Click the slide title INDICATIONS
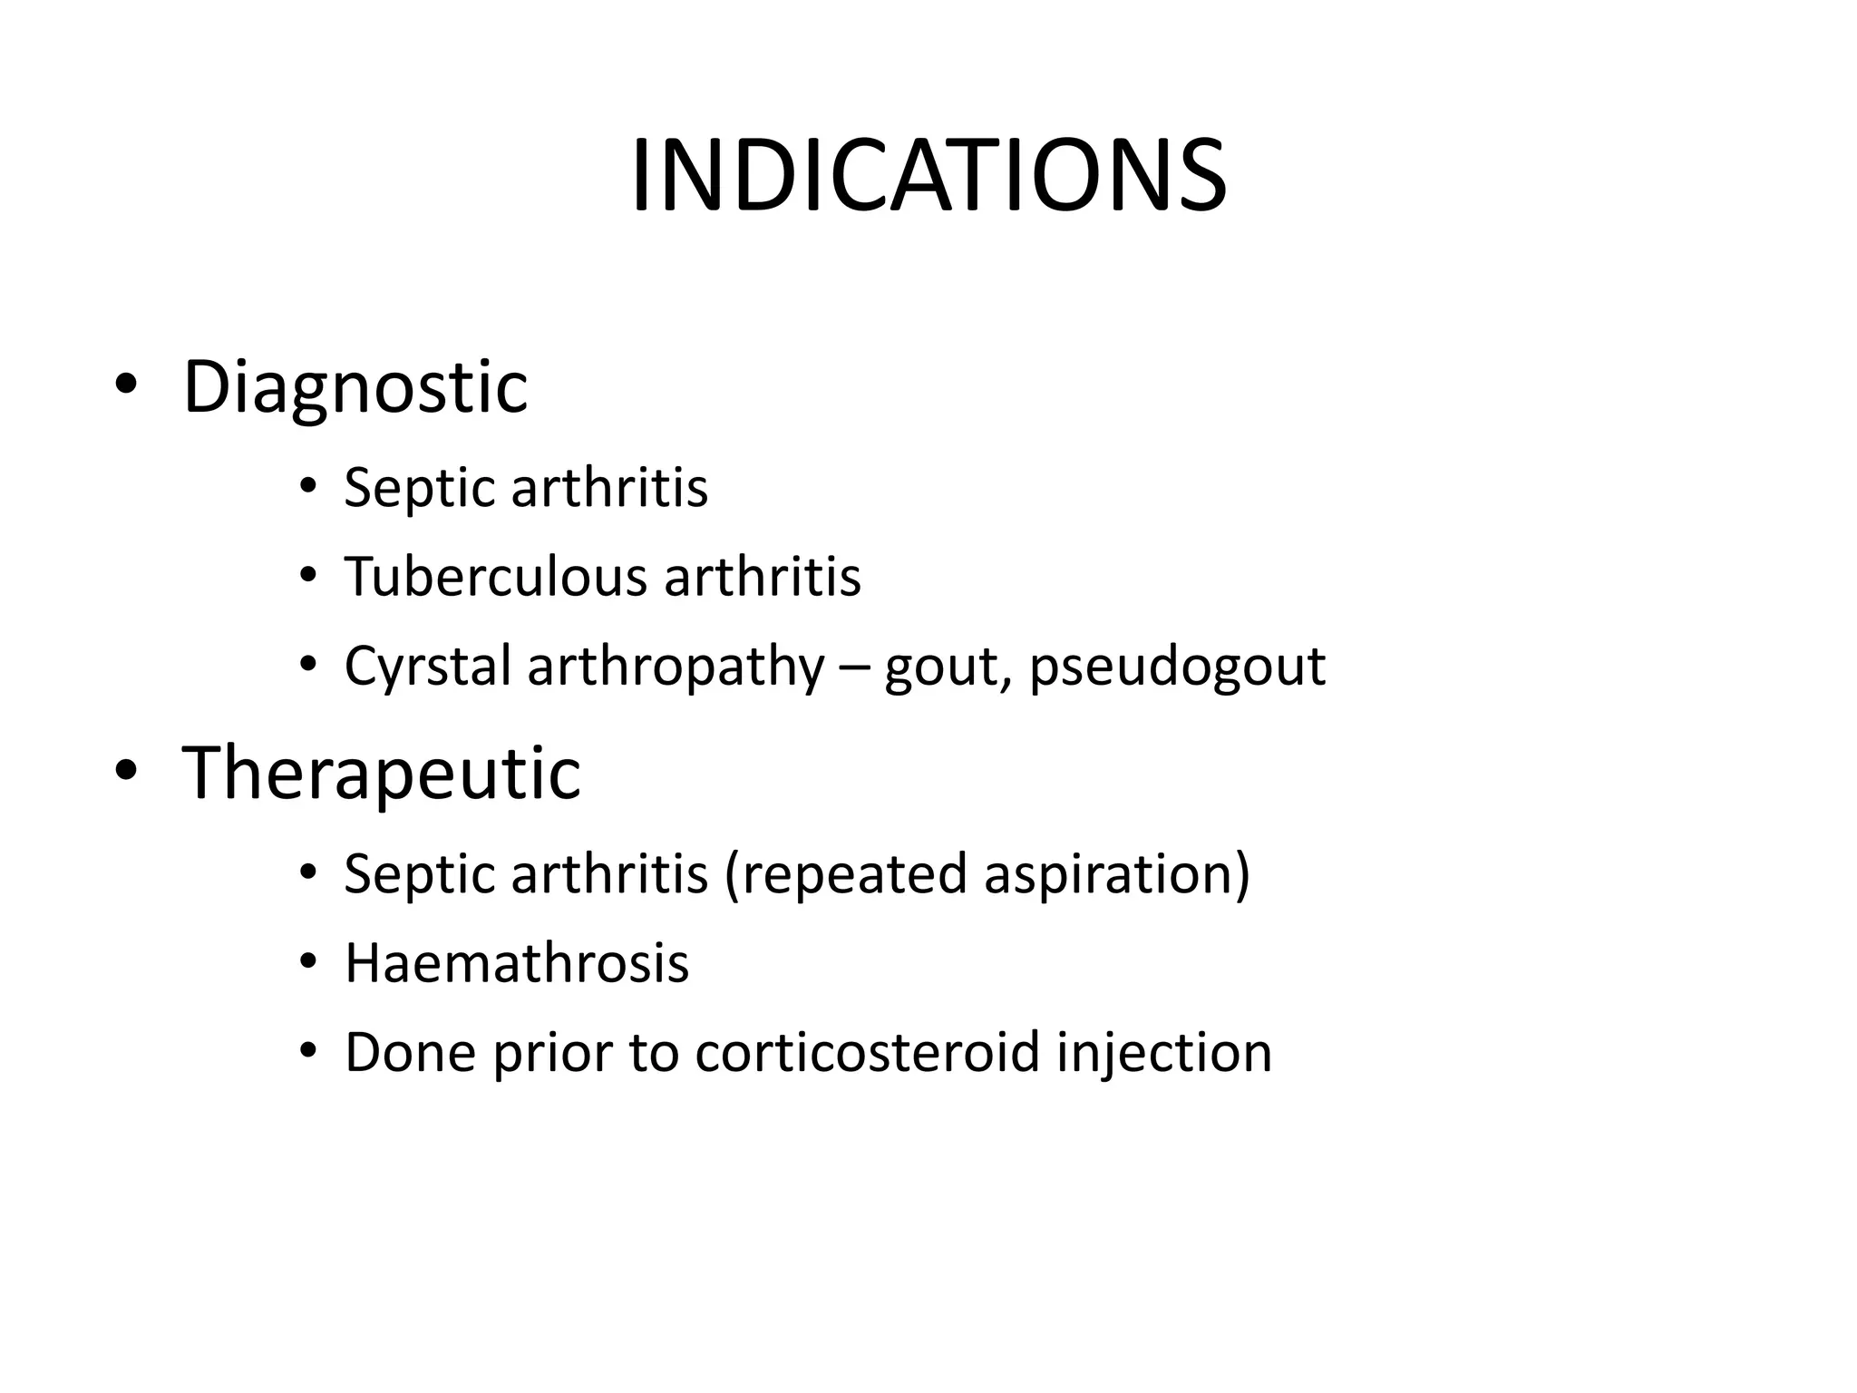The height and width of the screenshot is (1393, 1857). pos(928,176)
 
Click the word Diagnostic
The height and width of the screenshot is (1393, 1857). pos(355,388)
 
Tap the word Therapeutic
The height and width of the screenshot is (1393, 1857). pos(381,773)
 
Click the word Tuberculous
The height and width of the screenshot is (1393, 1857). pos(495,577)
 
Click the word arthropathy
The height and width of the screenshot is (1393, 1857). pos(676,667)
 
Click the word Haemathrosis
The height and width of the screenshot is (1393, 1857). pos(517,963)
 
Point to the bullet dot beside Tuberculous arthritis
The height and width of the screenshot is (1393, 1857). pos(308,575)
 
